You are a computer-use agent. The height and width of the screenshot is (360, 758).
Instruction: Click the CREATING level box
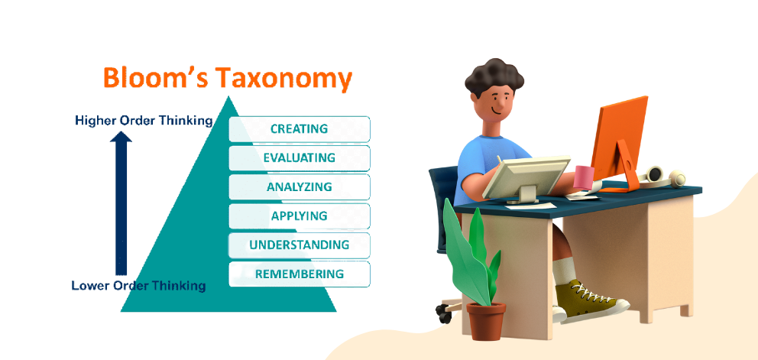click(x=300, y=129)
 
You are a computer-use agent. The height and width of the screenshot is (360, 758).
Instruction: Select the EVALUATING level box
click(x=300, y=158)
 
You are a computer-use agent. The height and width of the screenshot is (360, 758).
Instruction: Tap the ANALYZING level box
click(x=300, y=187)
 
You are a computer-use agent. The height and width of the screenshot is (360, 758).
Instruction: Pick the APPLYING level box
click(x=300, y=216)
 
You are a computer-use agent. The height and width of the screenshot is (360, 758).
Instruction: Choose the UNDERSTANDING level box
click(x=300, y=245)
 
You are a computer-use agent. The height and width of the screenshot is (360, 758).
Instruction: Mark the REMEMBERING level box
click(x=300, y=274)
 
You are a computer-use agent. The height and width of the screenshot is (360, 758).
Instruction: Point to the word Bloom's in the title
click(x=156, y=77)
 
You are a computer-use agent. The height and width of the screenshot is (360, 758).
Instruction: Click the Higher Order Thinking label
click(x=144, y=121)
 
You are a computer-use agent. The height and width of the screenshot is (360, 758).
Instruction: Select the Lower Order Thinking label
click(x=139, y=286)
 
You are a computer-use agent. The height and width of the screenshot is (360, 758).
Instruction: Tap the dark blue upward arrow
click(x=121, y=204)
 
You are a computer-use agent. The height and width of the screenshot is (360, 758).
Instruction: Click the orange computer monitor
click(x=619, y=143)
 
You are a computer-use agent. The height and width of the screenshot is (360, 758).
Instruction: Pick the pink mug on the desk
click(x=585, y=177)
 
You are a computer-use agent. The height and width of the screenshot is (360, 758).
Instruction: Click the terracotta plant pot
click(x=486, y=321)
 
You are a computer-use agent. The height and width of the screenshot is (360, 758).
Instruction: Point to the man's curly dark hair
click(x=494, y=77)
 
